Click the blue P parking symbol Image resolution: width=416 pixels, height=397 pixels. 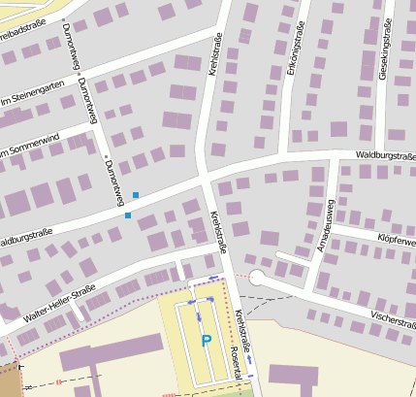tap(206, 341)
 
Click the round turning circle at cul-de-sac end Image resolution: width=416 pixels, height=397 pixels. tap(256, 279)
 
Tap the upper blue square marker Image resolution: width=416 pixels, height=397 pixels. tap(136, 196)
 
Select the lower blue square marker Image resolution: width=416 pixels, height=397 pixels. tap(127, 215)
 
